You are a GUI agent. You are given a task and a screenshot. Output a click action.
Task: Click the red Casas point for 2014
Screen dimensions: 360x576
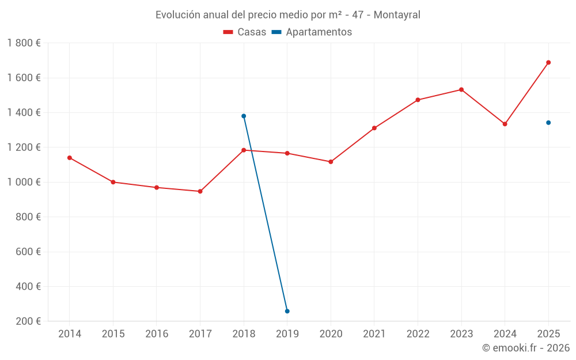coord(70,158)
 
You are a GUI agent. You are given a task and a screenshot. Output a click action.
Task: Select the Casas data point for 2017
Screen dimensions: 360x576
coord(200,191)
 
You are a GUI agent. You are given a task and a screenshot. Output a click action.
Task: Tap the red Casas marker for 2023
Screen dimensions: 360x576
coord(461,90)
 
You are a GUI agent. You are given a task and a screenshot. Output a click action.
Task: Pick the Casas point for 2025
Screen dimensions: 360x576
coord(548,62)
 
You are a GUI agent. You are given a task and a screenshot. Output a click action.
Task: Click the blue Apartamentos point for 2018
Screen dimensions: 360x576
coord(244,116)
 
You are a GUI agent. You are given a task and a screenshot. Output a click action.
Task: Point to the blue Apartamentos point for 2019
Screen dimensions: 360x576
coord(287,311)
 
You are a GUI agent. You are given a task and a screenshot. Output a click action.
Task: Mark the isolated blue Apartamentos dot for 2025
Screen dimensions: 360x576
coord(548,123)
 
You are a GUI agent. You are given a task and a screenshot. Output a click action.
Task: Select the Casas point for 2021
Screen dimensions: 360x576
coord(374,128)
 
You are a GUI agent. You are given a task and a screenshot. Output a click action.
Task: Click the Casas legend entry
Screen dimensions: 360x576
coord(245,32)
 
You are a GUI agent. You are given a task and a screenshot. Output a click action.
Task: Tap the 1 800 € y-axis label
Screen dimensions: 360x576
coord(24,43)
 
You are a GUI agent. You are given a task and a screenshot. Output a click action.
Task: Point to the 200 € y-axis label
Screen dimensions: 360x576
coord(27,321)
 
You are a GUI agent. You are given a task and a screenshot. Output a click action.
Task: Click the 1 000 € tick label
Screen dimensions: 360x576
coord(24,182)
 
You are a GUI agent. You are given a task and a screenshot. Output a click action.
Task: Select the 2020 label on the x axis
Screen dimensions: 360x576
coord(331,334)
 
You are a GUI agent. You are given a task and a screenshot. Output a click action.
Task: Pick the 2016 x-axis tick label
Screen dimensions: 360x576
coord(157,334)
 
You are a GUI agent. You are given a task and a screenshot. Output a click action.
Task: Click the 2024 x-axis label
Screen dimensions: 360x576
coord(505,334)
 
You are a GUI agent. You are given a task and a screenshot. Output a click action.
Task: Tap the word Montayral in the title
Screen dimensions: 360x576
coord(397,15)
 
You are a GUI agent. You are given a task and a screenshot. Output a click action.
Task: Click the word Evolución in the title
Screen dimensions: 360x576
coord(178,15)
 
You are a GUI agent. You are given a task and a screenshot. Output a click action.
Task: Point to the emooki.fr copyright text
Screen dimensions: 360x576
coord(526,348)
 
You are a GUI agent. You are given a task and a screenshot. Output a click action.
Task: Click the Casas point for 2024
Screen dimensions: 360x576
coord(505,124)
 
